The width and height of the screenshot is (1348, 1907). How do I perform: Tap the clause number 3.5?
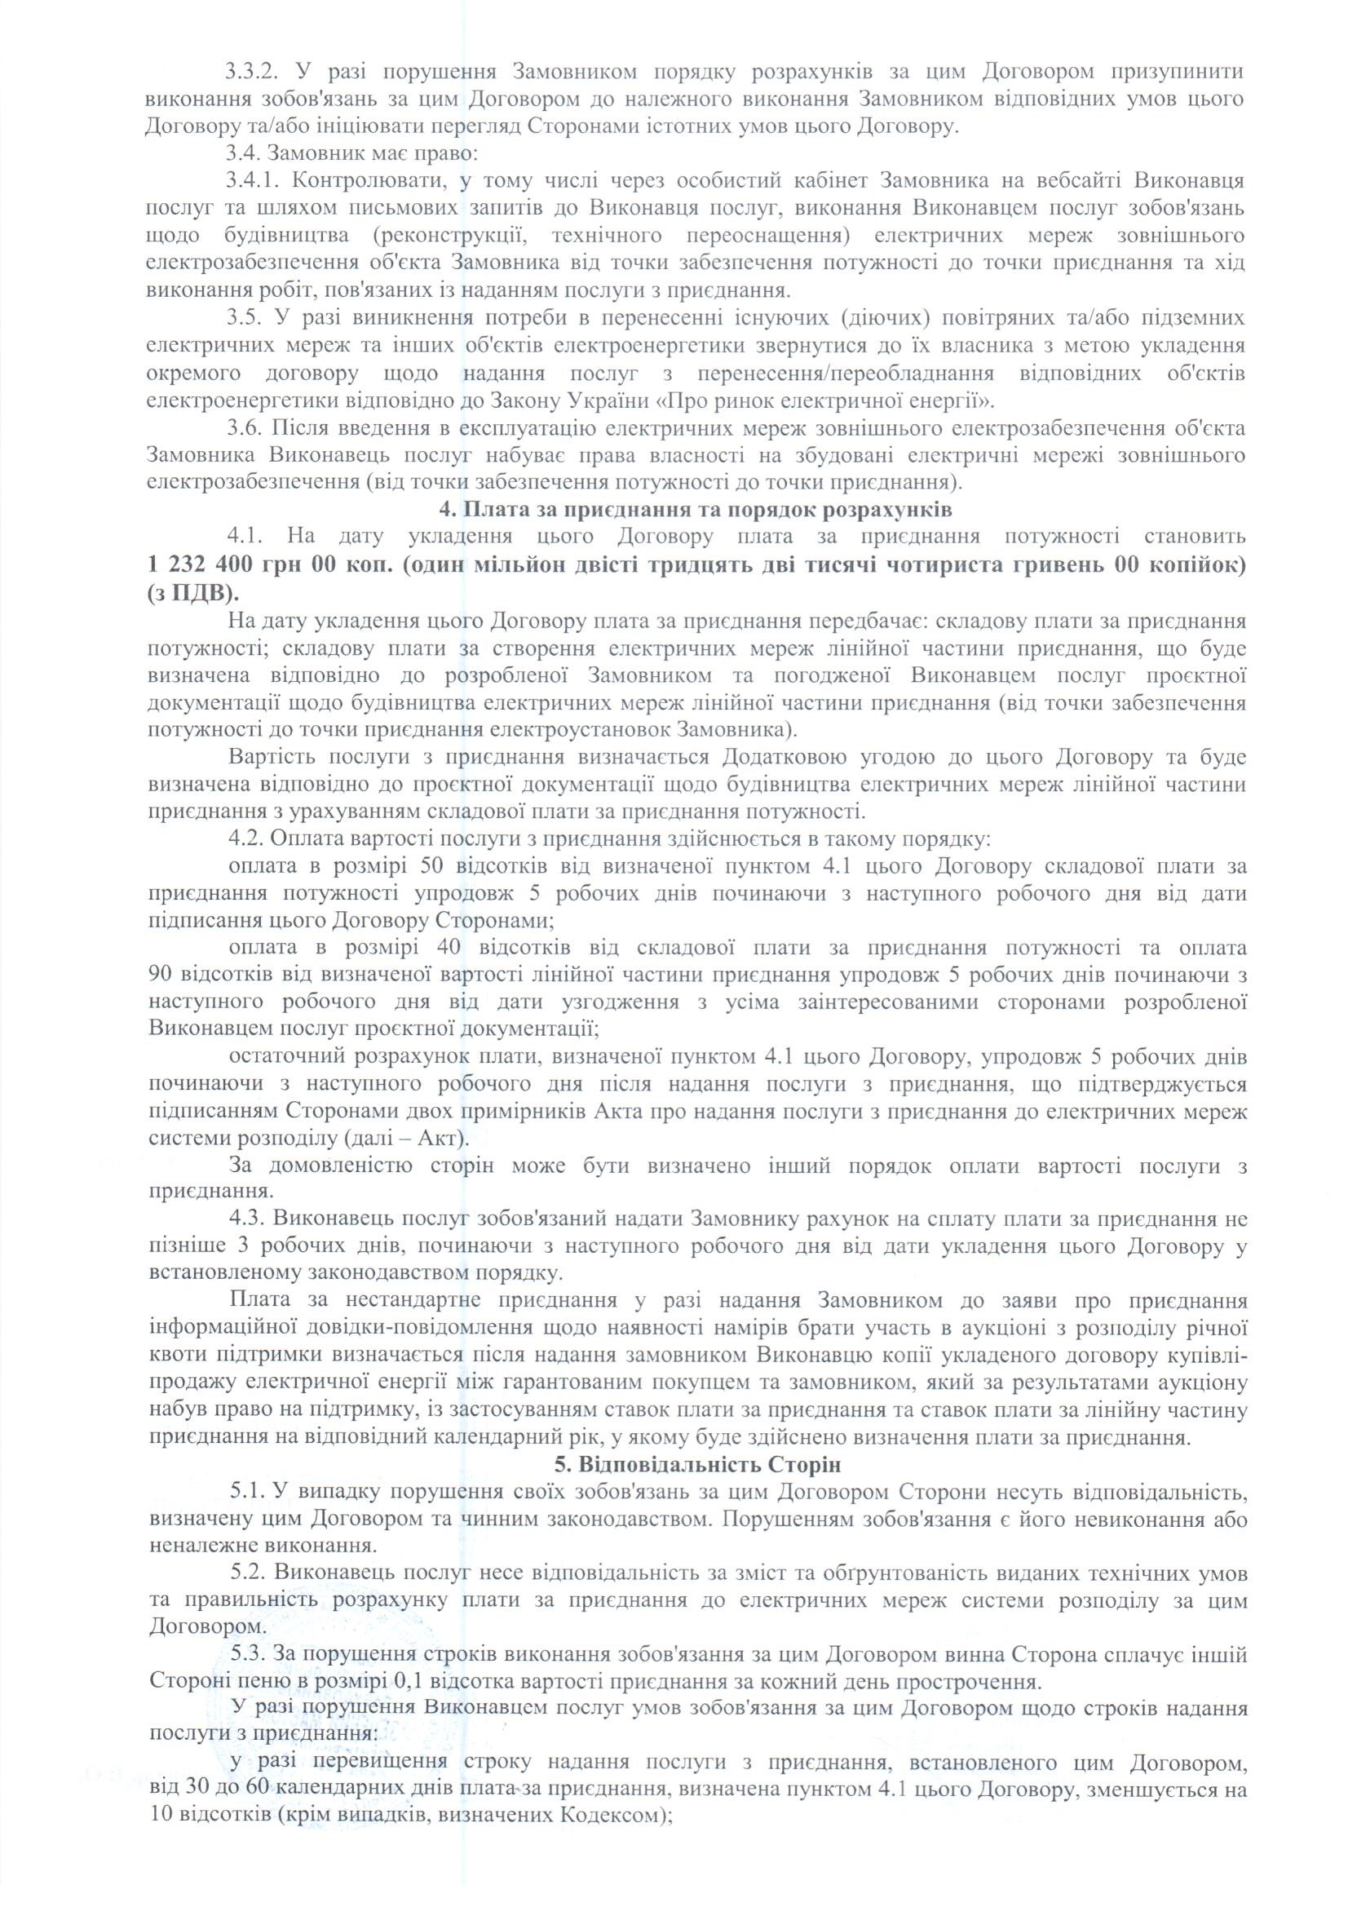click(244, 318)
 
